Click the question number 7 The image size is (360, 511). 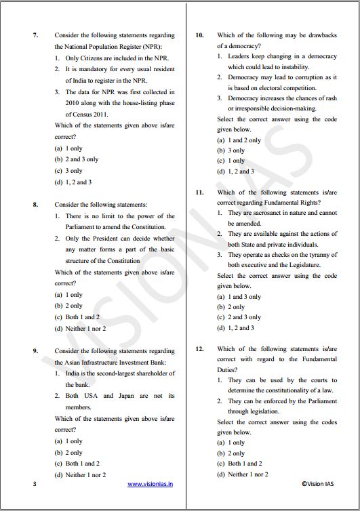35,35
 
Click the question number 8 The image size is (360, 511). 35,203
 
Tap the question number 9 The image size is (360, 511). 35,351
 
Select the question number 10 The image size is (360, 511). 200,35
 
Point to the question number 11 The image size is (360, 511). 200,192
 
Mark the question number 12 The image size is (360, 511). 200,349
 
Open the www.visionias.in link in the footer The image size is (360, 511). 151,484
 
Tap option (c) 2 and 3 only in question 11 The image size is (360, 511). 239,317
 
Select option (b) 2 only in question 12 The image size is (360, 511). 231,453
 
